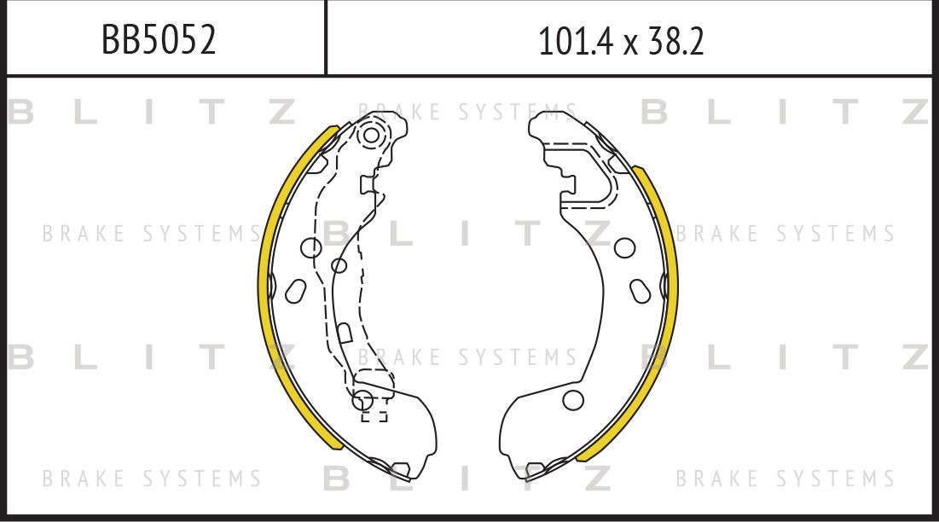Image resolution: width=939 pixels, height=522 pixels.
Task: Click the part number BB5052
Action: (x=159, y=40)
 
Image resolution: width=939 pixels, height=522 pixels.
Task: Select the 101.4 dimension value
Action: (x=575, y=41)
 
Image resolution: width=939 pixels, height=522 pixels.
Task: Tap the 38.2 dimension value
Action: (x=675, y=41)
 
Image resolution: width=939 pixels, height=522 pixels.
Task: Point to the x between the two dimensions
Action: (x=629, y=45)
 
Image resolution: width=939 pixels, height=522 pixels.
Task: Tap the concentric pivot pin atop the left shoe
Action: (x=371, y=136)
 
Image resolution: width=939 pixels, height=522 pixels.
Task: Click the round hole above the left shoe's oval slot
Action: (x=311, y=247)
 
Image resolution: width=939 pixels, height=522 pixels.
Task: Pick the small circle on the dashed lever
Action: (x=339, y=264)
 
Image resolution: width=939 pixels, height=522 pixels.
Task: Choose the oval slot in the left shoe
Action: (x=296, y=291)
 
